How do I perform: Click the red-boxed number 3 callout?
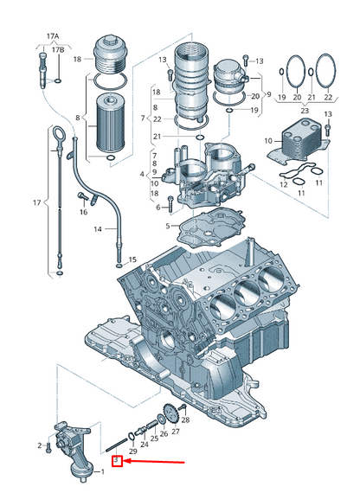[x=118, y=461]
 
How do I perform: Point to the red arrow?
[x=153, y=462]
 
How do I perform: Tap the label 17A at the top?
[x=53, y=36]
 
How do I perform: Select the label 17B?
[x=58, y=50]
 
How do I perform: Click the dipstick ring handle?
[x=59, y=135]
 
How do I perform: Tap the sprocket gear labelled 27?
[x=170, y=413]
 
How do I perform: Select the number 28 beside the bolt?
[x=186, y=419]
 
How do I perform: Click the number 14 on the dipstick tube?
[x=98, y=229]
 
